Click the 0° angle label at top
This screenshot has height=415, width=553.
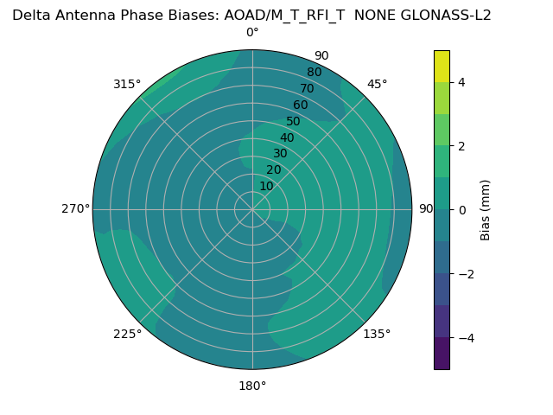[252, 33]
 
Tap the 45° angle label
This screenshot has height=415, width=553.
[378, 84]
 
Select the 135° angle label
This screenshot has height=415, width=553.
[377, 334]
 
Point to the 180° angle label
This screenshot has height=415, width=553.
[252, 386]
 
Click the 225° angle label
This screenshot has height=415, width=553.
[127, 334]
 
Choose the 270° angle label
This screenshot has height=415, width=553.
[75, 208]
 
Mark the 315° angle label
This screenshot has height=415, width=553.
[127, 84]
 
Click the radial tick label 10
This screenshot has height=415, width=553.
[266, 186]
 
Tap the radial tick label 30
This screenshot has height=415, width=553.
[280, 153]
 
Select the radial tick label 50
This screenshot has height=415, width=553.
[294, 121]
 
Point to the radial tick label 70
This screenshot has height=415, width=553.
[307, 88]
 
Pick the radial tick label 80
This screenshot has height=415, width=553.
[314, 72]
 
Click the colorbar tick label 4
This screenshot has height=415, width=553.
[461, 82]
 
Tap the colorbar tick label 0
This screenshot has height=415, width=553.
[461, 210]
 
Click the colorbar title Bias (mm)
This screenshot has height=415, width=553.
[486, 210]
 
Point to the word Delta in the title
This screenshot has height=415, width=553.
[30, 15]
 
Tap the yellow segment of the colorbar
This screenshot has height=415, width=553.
[442, 67]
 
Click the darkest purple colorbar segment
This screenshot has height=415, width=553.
[442, 354]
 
